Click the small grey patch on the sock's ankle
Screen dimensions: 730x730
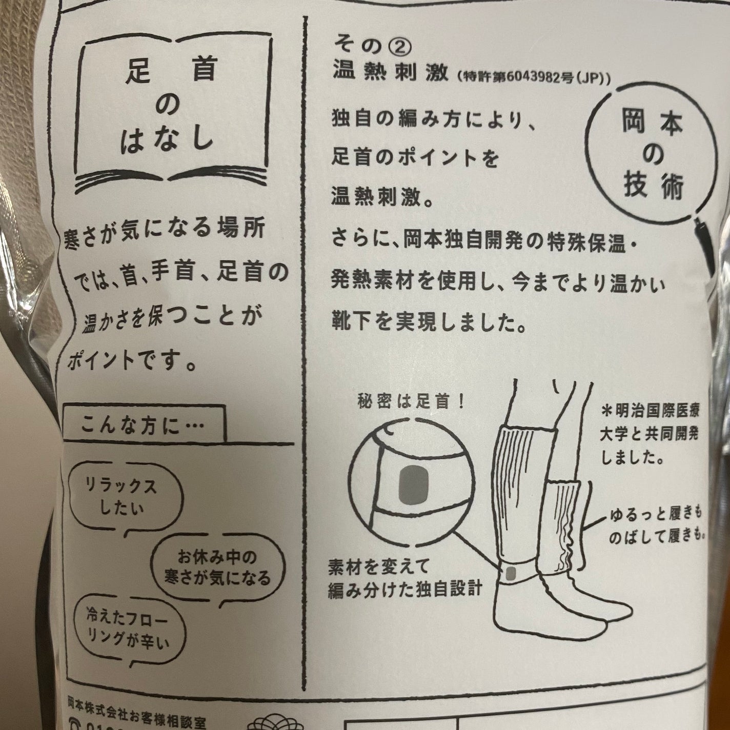pyautogui.click(x=510, y=573)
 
